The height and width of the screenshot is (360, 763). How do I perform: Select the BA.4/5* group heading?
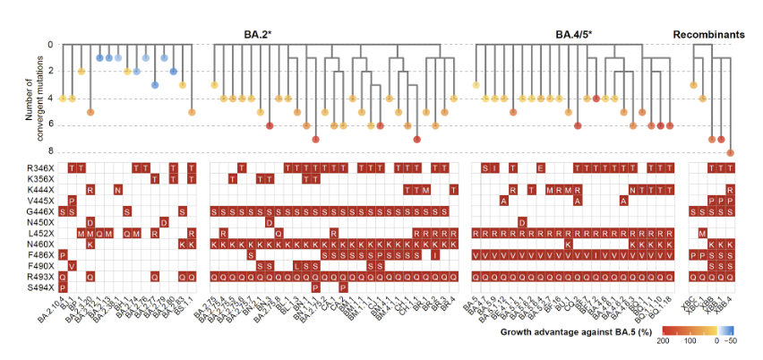(573, 35)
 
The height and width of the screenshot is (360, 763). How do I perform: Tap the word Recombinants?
(708, 35)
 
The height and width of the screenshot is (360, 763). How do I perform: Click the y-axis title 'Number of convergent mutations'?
(35, 99)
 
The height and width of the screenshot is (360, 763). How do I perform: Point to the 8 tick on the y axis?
(51, 152)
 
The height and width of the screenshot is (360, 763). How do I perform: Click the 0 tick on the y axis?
(51, 45)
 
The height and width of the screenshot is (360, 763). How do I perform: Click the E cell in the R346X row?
(540, 167)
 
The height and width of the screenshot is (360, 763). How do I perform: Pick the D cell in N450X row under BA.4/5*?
(522, 222)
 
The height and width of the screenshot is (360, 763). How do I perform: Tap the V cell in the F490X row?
(72, 266)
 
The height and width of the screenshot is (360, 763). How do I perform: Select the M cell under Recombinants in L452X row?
(703, 233)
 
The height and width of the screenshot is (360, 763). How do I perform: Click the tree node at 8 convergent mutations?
(731, 153)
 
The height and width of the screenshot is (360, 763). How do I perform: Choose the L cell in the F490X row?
(297, 266)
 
